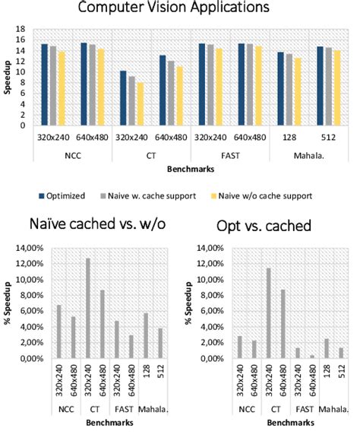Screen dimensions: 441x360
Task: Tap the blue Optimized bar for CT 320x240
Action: point(123,98)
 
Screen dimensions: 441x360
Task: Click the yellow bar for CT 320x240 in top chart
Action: point(140,104)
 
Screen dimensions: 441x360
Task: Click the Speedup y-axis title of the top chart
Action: point(10,78)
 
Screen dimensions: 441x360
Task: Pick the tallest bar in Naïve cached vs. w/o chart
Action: point(88,308)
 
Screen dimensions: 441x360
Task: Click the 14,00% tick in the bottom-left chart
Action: point(28,248)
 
